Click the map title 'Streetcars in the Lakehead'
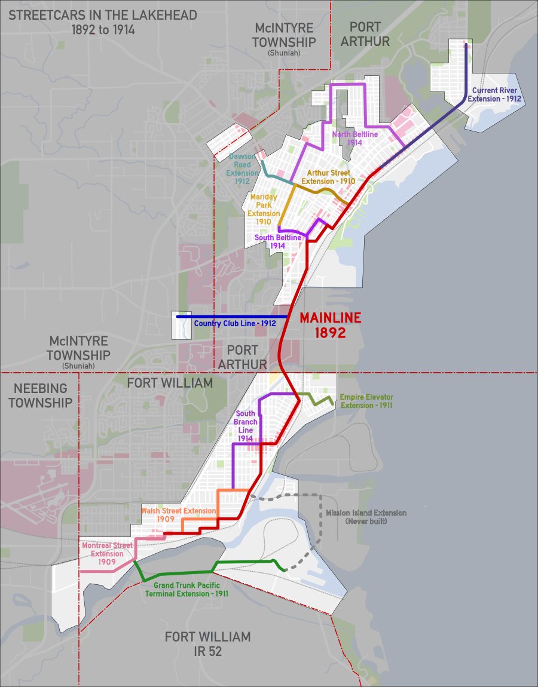coord(102,22)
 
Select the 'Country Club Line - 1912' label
coord(235,324)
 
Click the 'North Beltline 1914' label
coord(355,139)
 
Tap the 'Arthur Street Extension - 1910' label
coord(328,177)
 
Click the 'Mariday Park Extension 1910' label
coord(265,209)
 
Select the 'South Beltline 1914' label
coord(278,241)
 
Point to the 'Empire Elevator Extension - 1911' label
coord(366,401)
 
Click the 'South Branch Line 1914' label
coord(246,425)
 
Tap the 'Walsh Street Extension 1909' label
coord(178,515)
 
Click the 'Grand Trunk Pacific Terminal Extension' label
coord(186,590)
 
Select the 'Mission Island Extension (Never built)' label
coord(366,517)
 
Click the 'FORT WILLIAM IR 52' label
coord(207,644)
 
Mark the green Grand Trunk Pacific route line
coord(179,573)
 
